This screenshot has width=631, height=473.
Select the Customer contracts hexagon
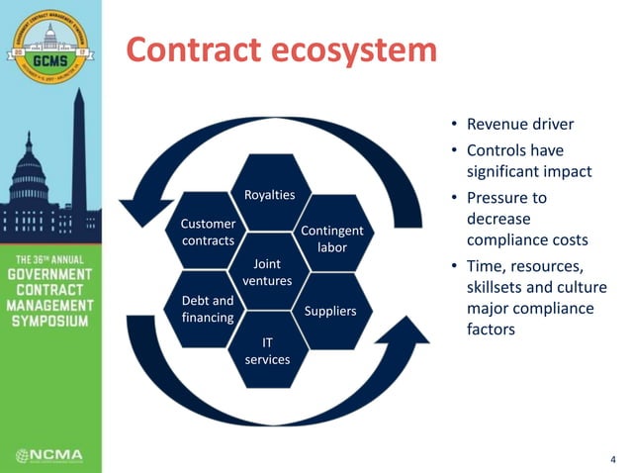pyautogui.click(x=208, y=233)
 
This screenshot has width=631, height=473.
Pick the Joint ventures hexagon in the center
pyautogui.click(x=268, y=272)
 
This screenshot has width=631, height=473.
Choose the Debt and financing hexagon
pyautogui.click(x=208, y=309)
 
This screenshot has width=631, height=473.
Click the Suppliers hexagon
pyautogui.click(x=330, y=311)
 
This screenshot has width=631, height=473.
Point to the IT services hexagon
pyautogui.click(x=268, y=350)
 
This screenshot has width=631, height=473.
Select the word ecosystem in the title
pyautogui.click(x=355, y=48)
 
